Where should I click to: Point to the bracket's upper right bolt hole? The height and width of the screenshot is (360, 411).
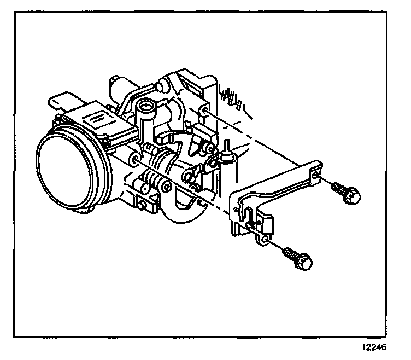coord(315,175)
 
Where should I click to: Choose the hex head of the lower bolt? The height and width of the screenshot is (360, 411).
coord(307,262)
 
